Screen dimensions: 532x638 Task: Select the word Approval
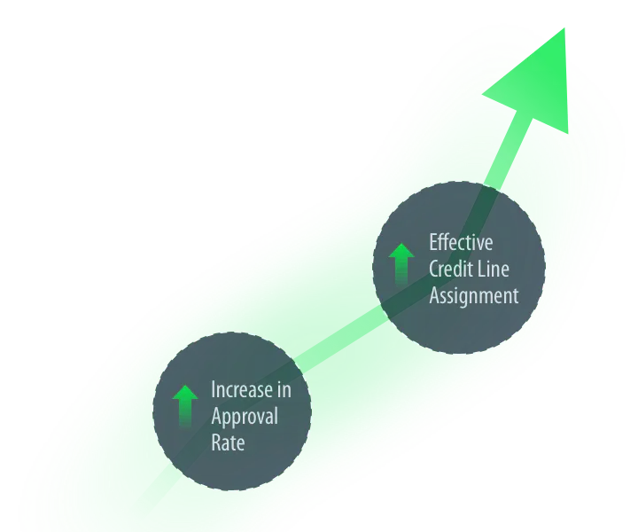coord(244,417)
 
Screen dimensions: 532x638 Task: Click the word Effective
coord(461,241)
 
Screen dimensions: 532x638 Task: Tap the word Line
coord(494,269)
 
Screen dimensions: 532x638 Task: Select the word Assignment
coord(474,296)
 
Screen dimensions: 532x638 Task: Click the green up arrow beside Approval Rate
coord(185,408)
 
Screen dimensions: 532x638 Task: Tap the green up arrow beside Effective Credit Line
coord(401,264)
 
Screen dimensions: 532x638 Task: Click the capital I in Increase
coord(213,389)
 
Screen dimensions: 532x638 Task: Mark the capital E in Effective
coord(434,241)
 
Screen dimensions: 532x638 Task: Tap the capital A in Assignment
coord(435,296)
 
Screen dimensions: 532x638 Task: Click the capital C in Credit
coord(434,269)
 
